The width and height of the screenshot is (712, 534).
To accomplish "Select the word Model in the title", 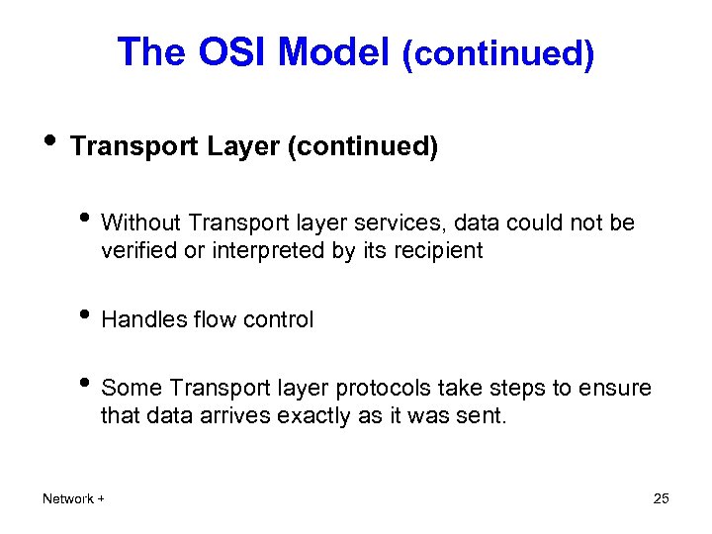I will coord(334,51).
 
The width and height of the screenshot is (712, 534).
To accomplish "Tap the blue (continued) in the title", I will coord(497,53).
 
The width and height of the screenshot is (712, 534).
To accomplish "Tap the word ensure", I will coord(618,389).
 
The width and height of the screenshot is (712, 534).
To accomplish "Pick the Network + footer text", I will coord(73,499).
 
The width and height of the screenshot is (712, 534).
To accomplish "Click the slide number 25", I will coord(662,498).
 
